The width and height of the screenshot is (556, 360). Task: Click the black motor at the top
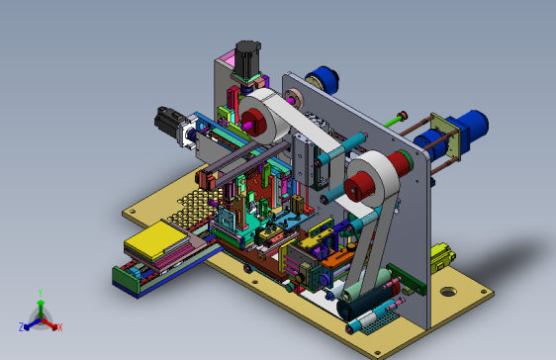point(247,58)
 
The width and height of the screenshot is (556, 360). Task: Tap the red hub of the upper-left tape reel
point(254,122)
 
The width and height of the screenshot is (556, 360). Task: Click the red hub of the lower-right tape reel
point(359,186)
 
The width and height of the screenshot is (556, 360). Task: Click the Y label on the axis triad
point(41,294)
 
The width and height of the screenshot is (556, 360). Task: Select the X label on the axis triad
point(60,327)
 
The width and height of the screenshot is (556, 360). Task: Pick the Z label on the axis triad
point(22,327)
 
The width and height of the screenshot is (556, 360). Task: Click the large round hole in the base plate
point(448,292)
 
